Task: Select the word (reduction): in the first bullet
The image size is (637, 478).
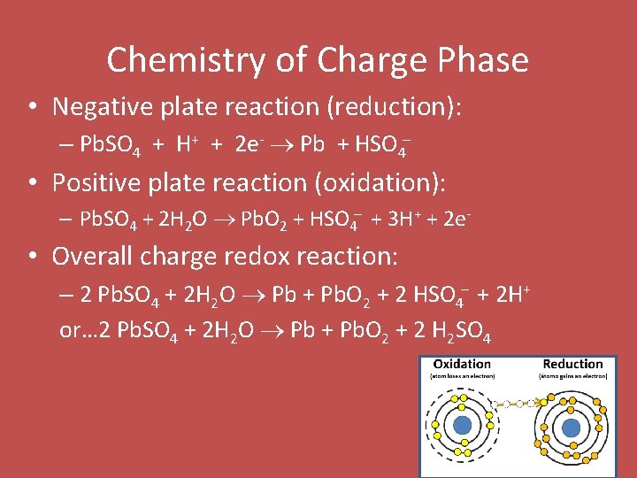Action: [x=395, y=107]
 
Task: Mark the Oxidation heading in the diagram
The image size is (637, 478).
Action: [x=462, y=364]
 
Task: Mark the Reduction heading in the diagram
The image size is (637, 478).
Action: [x=572, y=364]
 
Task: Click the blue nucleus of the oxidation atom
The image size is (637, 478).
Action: [x=462, y=426]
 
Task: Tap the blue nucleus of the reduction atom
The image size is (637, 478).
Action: [x=572, y=426]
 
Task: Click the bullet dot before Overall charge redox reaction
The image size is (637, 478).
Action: [x=32, y=258]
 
